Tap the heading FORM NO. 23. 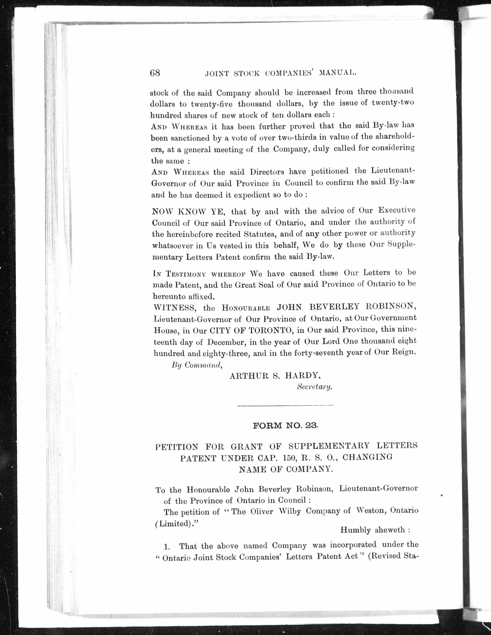286,426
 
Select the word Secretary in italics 314,387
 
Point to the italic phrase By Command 197,365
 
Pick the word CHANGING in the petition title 367,457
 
